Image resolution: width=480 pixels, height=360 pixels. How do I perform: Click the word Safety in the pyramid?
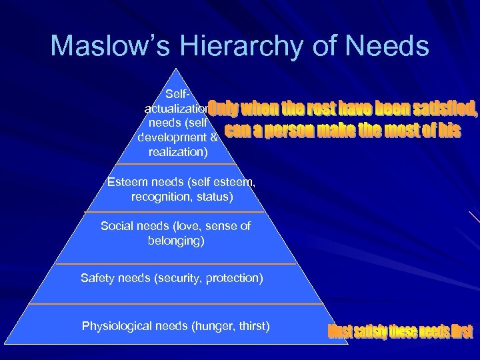click(x=97, y=277)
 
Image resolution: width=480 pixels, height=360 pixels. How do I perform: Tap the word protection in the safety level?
click(x=234, y=277)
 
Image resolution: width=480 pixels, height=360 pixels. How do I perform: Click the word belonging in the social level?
click(x=176, y=240)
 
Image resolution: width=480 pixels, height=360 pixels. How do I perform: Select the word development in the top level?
click(x=171, y=137)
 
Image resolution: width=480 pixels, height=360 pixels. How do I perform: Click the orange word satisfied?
click(x=443, y=108)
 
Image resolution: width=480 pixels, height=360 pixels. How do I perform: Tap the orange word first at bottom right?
click(x=460, y=331)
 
